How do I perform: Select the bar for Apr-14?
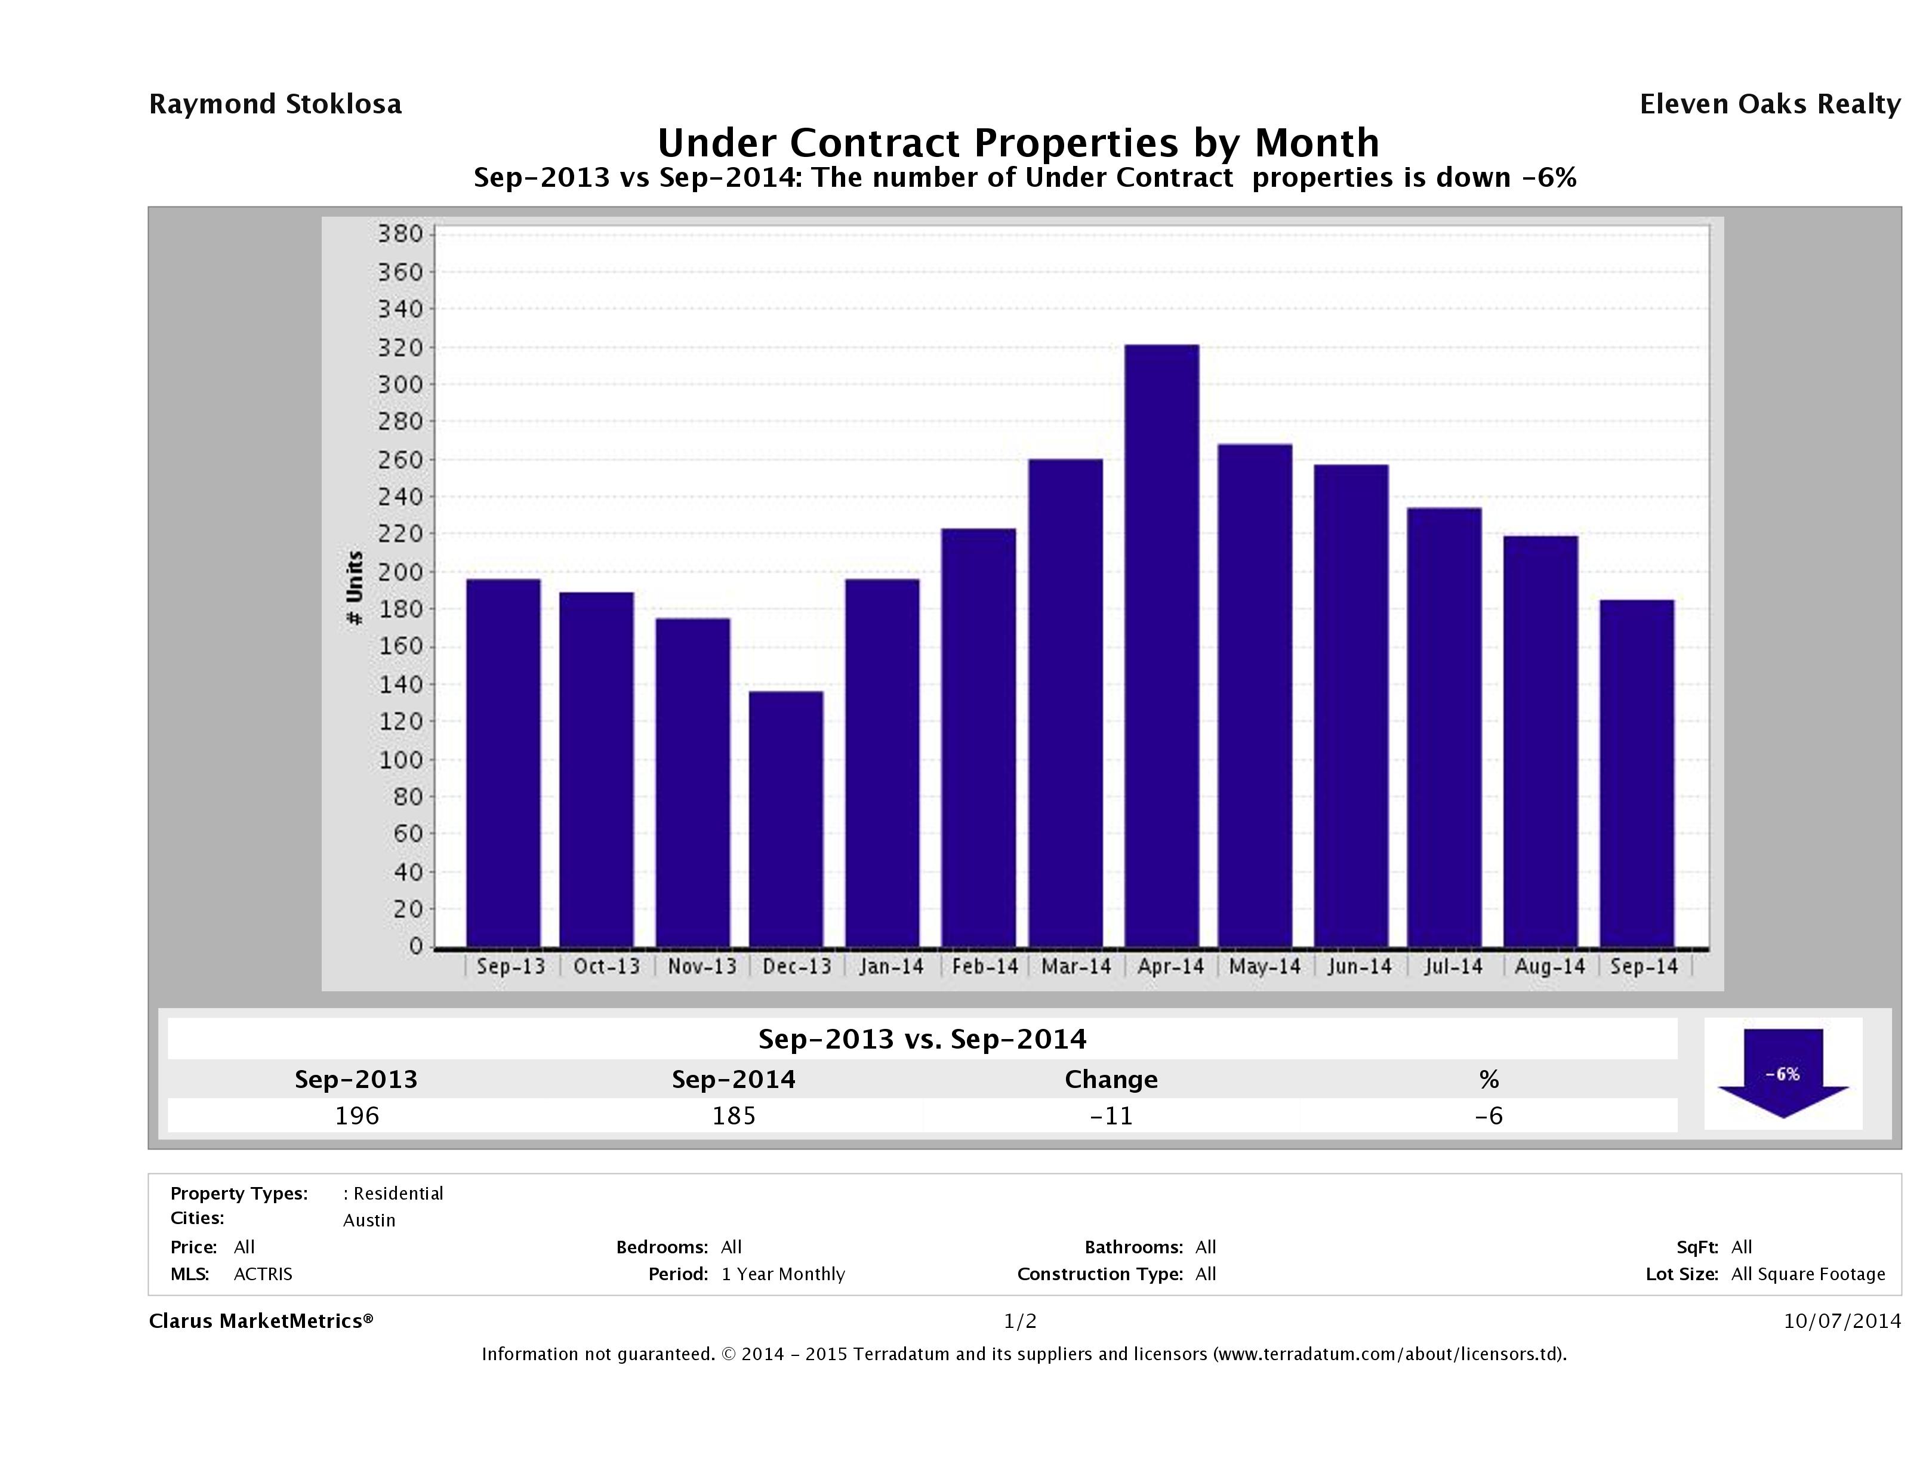1161,645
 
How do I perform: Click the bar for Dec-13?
785,818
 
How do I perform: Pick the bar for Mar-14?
1066,702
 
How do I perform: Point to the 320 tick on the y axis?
400,347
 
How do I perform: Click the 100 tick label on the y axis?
400,759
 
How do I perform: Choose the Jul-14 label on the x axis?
1452,966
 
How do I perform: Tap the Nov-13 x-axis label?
702,966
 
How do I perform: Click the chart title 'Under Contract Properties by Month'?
1018,143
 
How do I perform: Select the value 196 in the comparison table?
357,1116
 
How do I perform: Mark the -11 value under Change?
1111,1116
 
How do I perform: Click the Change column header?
1111,1080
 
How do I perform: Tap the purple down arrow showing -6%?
1782,1072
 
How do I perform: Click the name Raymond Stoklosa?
275,104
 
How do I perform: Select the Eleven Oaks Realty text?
1769,104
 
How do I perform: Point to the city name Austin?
369,1220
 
